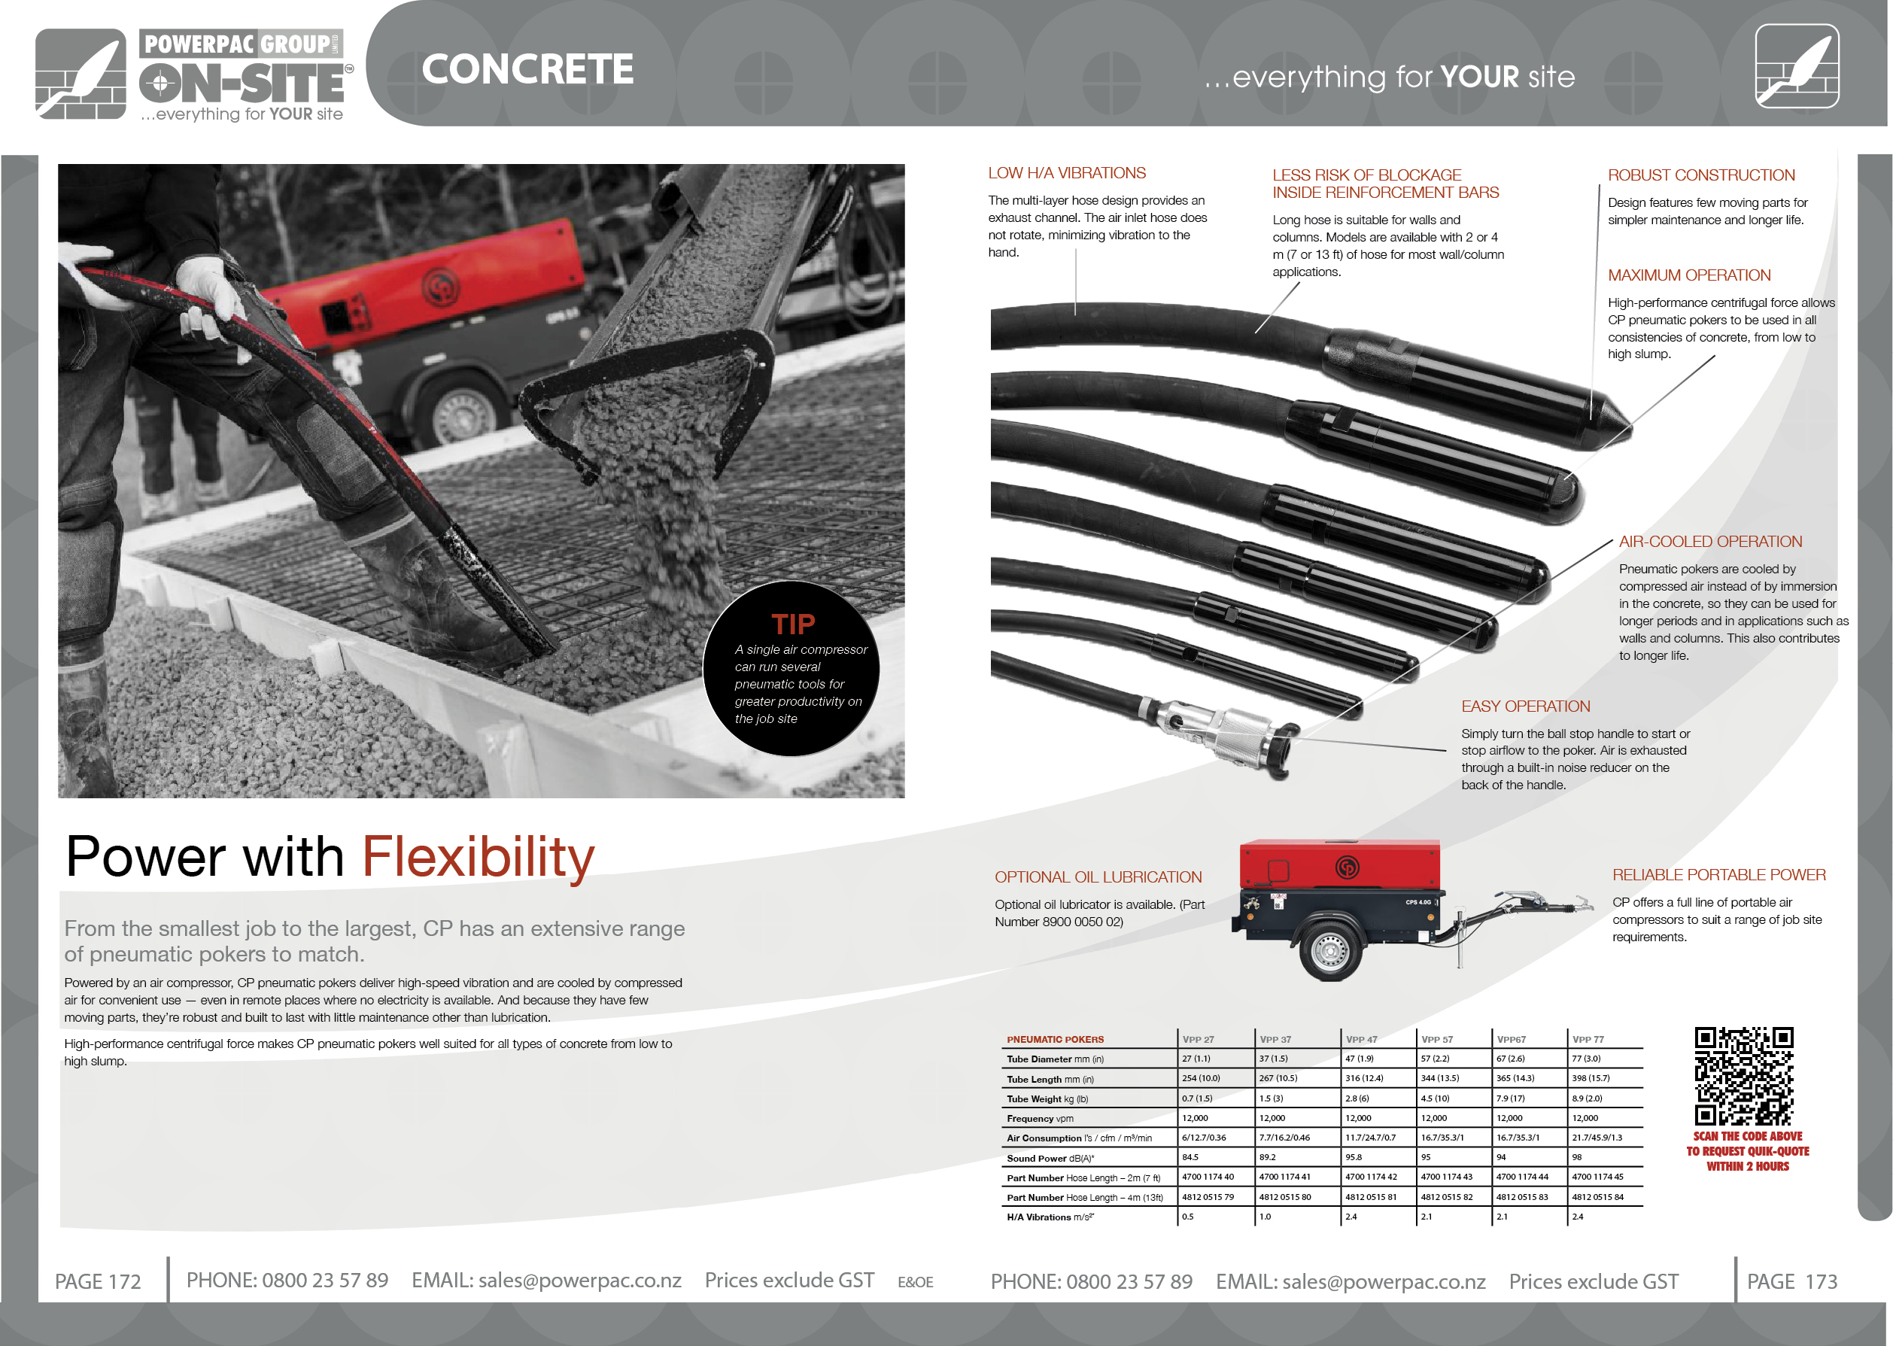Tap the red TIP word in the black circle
793,623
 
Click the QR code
1744,1077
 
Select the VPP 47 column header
1361,1039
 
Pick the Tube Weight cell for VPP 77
1586,1098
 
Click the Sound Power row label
1050,1158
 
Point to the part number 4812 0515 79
1208,1197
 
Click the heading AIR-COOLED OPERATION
1710,542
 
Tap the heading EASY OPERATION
1525,707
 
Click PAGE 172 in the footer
98,1281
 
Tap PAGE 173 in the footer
1792,1281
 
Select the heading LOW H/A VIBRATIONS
1067,173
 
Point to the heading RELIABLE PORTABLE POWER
1718,875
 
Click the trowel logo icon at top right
1797,66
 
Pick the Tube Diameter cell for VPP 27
1196,1059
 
